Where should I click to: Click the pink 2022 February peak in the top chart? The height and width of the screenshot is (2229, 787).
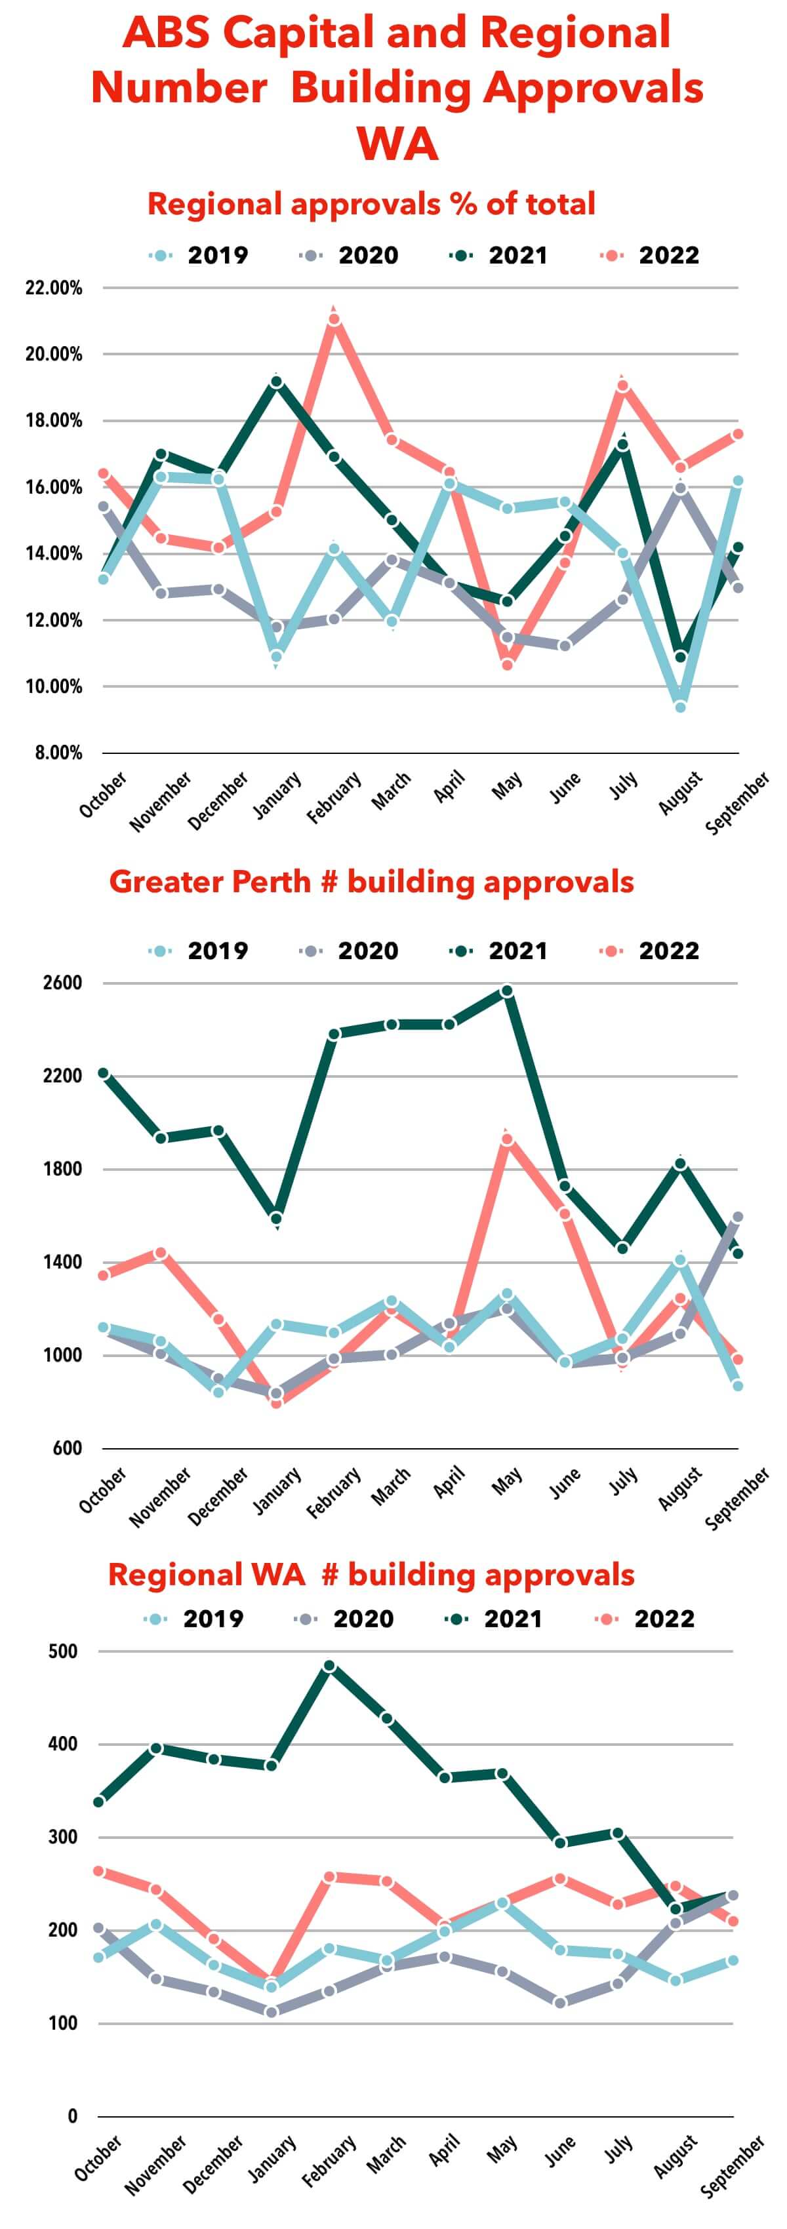(333, 319)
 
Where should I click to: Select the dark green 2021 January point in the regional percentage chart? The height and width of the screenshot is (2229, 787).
(276, 382)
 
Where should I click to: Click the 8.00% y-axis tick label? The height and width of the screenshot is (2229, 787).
(58, 753)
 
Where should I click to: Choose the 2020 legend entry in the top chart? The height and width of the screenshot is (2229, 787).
(351, 255)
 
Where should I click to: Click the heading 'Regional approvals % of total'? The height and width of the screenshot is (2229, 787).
(371, 204)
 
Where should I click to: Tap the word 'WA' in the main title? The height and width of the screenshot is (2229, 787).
(397, 143)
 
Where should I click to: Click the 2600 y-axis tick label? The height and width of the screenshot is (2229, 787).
(62, 983)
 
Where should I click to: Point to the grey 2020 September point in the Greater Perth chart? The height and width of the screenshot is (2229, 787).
(738, 1217)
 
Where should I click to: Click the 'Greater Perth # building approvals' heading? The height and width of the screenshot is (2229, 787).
(371, 882)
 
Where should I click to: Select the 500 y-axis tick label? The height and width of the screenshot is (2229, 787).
(62, 1651)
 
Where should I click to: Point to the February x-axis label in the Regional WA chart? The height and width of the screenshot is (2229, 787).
(330, 2161)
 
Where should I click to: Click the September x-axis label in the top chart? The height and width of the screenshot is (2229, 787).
(737, 803)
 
